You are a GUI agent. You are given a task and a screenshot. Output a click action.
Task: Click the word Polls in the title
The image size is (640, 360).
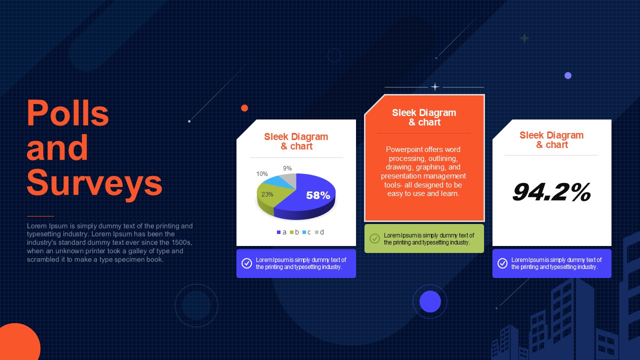point(67,113)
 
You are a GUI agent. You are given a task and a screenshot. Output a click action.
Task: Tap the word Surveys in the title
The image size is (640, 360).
point(94,183)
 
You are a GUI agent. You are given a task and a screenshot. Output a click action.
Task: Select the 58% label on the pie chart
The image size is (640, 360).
point(318,195)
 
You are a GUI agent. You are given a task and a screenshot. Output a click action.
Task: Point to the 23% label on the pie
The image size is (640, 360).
point(267,194)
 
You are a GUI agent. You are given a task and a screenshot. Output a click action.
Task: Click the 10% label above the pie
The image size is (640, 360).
point(262,174)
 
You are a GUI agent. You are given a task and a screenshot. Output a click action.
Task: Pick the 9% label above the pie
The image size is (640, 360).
point(287,168)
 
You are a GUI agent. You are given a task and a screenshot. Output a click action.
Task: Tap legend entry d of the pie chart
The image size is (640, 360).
point(319,232)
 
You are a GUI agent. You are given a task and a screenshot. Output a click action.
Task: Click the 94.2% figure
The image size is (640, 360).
point(551,192)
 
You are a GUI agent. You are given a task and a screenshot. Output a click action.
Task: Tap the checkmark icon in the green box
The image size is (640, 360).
point(374,238)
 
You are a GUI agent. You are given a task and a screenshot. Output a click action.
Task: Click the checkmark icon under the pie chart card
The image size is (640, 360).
point(246,263)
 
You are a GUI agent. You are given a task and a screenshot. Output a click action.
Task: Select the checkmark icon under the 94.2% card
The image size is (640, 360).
point(502,263)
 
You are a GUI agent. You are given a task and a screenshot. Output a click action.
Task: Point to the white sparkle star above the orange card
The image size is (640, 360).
point(435,86)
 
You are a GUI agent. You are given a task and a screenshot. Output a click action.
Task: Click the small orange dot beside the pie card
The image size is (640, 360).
point(244,108)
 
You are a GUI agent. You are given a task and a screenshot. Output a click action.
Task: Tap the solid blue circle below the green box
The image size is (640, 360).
point(430,301)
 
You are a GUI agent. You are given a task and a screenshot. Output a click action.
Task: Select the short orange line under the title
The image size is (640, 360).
point(40,216)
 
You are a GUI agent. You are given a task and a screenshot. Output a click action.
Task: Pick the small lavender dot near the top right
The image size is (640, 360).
point(568,75)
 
